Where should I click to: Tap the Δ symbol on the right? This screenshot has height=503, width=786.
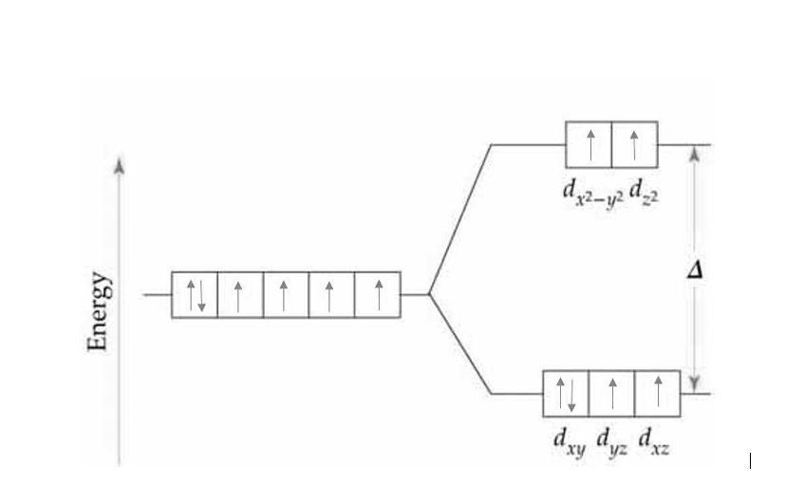[x=695, y=270]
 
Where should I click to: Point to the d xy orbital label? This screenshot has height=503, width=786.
[x=568, y=441]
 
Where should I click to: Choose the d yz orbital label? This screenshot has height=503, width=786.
[x=611, y=441]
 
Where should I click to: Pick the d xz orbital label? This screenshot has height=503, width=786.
[x=654, y=441]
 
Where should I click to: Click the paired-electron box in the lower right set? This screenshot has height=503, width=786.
[x=566, y=394]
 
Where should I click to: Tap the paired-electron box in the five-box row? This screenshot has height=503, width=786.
[x=195, y=295]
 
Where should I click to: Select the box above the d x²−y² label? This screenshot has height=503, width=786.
[x=589, y=145]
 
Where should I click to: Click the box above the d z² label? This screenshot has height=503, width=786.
[x=634, y=145]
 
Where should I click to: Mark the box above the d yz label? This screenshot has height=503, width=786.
[x=611, y=394]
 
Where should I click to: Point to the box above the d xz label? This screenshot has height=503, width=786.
[x=657, y=394]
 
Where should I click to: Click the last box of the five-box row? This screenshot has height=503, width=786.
[x=378, y=295]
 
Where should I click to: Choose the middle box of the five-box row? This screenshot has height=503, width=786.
[x=286, y=295]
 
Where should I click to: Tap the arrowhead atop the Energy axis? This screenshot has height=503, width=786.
[x=119, y=165]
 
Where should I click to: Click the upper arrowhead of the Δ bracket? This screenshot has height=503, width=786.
[x=695, y=152]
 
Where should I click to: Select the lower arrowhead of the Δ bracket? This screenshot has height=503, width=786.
[x=695, y=384]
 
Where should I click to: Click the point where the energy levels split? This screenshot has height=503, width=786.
[x=429, y=294]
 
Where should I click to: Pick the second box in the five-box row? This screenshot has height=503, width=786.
[x=240, y=295]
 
